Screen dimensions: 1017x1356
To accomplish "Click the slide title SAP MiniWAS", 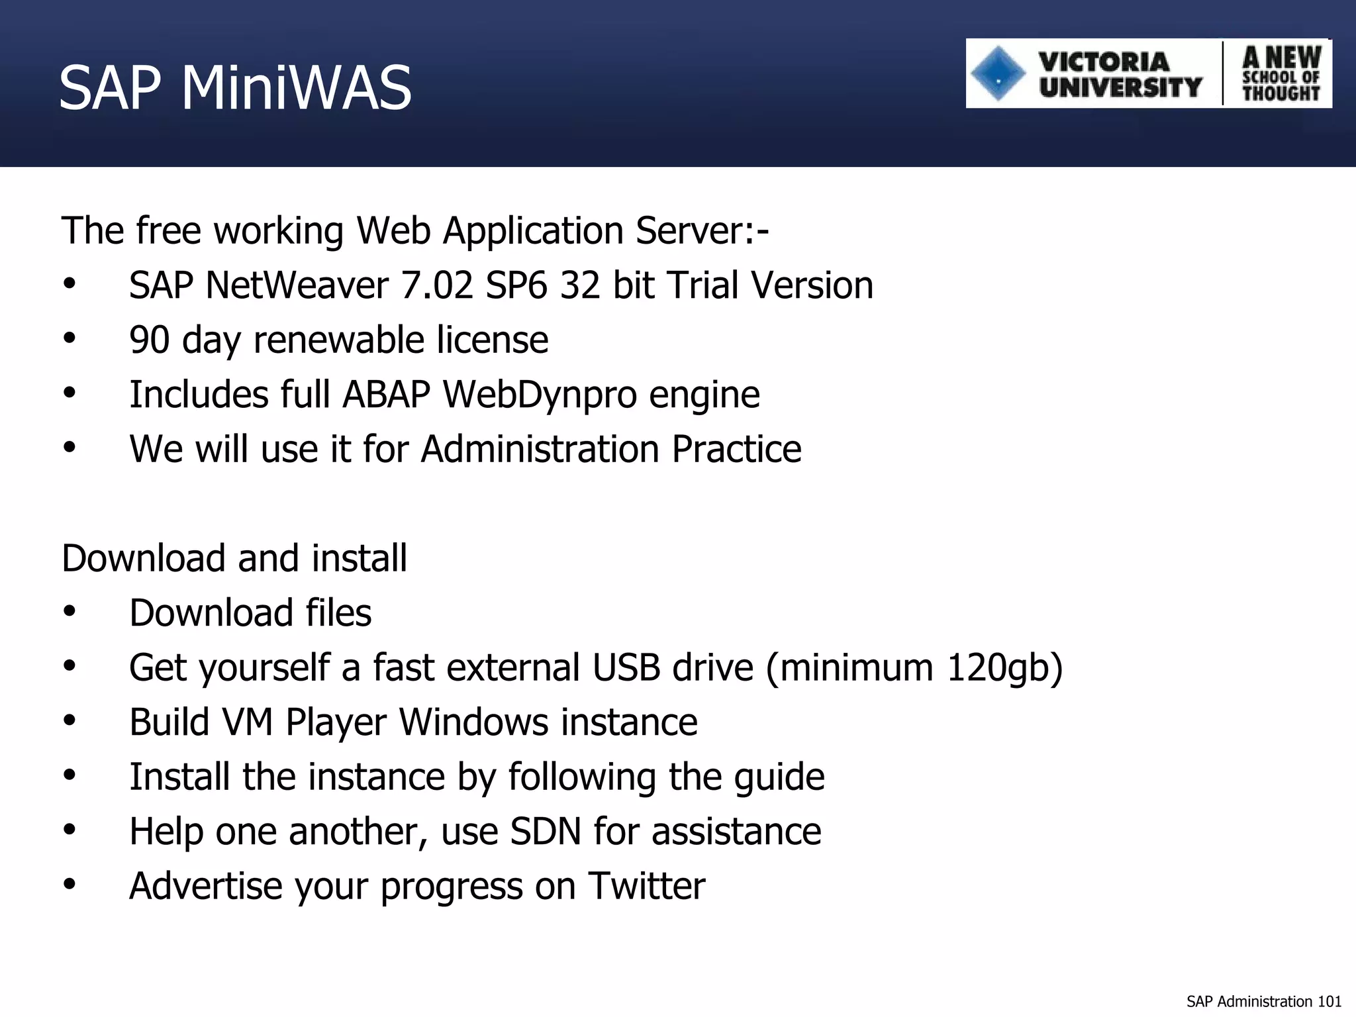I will pyautogui.click(x=235, y=87).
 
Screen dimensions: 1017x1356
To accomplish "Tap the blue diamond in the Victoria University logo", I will pyautogui.click(x=997, y=73).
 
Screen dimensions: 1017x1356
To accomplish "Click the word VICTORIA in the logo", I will pyautogui.click(x=1104, y=62).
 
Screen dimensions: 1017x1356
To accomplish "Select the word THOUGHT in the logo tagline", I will pyautogui.click(x=1281, y=93).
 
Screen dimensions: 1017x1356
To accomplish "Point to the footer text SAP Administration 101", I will pyautogui.click(x=1263, y=1001).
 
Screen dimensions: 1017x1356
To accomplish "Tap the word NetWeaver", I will pyautogui.click(x=297, y=285).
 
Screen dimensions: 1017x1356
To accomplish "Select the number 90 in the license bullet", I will pyautogui.click(x=150, y=340).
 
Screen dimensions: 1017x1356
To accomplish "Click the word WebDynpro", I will pyautogui.click(x=540, y=395).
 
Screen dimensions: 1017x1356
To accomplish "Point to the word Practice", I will pyautogui.click(x=736, y=449).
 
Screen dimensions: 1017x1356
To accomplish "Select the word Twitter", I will pyautogui.click(x=647, y=886).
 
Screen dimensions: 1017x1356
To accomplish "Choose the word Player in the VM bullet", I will pyautogui.click(x=336, y=722).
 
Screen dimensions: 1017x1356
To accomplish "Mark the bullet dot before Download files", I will pyautogui.click(x=70, y=612).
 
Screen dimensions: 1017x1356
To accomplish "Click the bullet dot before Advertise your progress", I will pyautogui.click(x=70, y=885).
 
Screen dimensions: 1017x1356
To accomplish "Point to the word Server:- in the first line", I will pyautogui.click(x=702, y=231).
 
